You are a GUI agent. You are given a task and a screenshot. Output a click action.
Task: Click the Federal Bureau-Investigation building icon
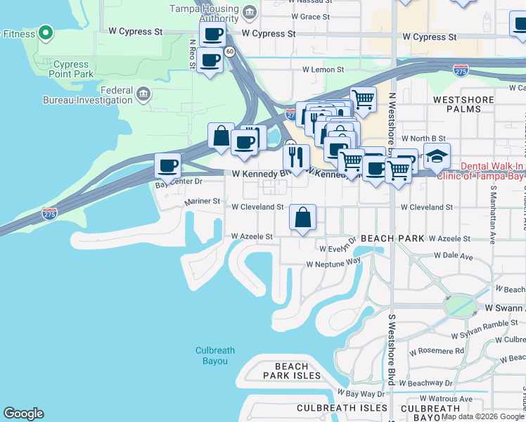pyautogui.click(x=143, y=94)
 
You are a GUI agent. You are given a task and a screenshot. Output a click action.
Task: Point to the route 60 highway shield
pyautogui.click(x=230, y=51)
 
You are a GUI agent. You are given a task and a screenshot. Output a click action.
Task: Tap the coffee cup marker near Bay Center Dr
pyautogui.click(x=167, y=167)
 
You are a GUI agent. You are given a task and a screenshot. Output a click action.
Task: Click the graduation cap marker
pyautogui.click(x=437, y=156)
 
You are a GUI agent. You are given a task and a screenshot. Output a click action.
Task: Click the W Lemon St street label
pyautogui.click(x=323, y=70)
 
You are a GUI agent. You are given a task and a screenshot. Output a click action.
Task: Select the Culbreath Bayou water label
pyautogui.click(x=212, y=355)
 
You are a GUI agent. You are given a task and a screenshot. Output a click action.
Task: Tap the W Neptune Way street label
pyautogui.click(x=333, y=264)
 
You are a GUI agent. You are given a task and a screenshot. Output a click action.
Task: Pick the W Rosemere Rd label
pyautogui.click(x=437, y=350)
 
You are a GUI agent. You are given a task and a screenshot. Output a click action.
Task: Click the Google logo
pyautogui.click(x=23, y=414)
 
